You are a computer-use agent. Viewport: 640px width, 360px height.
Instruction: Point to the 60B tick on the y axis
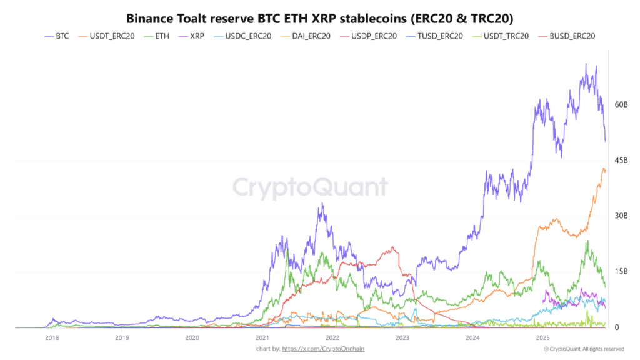click(621, 104)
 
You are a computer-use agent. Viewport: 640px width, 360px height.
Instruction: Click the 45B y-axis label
click(621, 160)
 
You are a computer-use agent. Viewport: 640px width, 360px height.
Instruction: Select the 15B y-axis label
click(621, 271)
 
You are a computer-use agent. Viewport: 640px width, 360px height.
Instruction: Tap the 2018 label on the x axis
click(52, 337)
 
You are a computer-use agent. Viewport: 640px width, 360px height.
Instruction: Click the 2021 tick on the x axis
click(262, 337)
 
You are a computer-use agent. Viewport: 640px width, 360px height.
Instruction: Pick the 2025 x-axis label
click(542, 337)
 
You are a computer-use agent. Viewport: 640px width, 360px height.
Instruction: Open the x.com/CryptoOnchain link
click(323, 349)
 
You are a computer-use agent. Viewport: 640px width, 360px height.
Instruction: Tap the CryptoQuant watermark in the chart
click(310, 187)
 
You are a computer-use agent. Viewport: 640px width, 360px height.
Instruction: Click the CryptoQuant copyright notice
click(584, 349)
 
